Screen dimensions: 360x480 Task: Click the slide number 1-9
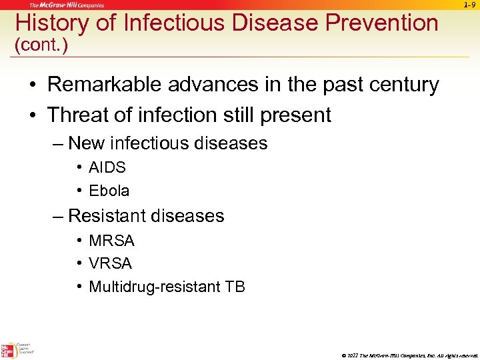pyautogui.click(x=469, y=5)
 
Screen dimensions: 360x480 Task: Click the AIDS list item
pyautogui.click(x=107, y=167)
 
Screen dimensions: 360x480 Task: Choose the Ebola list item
pyautogui.click(x=109, y=191)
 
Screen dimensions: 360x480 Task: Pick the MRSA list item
pyautogui.click(x=111, y=241)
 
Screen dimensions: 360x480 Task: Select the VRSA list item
pyautogui.click(x=111, y=264)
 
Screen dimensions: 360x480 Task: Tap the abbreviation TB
pyautogui.click(x=235, y=287)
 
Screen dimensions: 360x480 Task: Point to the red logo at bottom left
pyautogui.click(x=8, y=350)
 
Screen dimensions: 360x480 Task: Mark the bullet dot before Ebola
pyautogui.click(x=79, y=191)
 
